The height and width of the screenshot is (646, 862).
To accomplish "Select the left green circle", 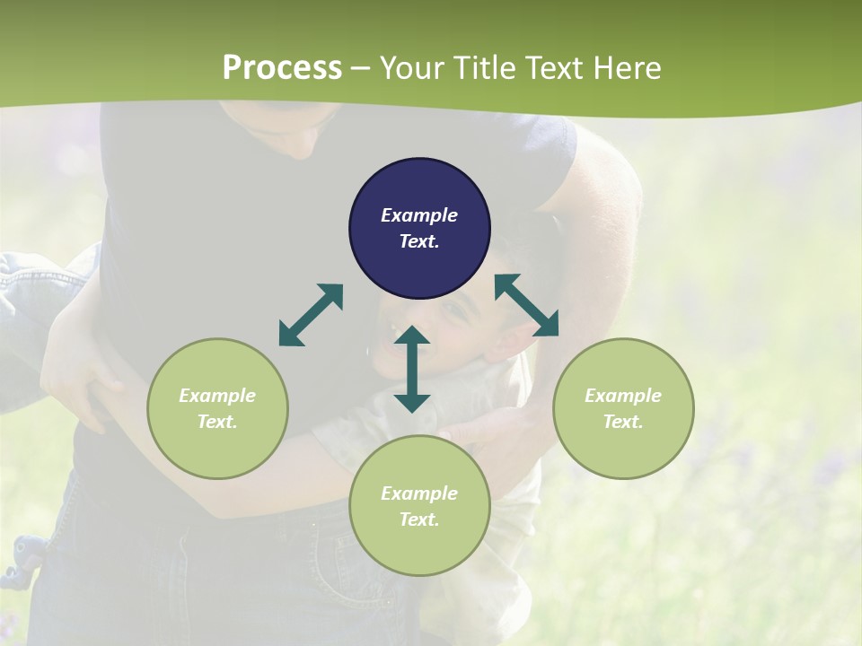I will tap(217, 408).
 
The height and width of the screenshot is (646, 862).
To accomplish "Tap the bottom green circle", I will tap(419, 506).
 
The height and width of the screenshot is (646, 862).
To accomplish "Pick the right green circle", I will tap(623, 408).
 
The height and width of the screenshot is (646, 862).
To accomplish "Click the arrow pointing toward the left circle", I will tap(311, 315).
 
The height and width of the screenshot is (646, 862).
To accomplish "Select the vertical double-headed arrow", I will tap(412, 369).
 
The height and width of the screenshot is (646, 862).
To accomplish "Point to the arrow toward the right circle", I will tap(526, 305).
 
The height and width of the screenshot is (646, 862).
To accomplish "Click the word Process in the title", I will tap(282, 67).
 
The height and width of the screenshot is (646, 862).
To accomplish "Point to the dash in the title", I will tap(361, 68).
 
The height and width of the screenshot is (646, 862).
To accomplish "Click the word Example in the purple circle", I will tap(419, 215).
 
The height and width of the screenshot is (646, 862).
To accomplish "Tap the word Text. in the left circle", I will tap(217, 422).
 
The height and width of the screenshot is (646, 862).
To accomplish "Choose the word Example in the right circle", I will tap(623, 396).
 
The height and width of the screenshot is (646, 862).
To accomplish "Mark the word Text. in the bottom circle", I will tap(419, 519).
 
